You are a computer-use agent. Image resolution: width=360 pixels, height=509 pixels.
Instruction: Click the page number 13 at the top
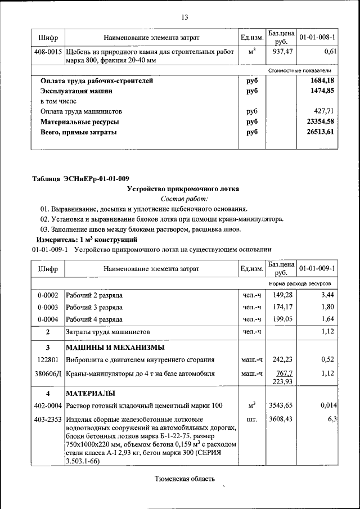click(x=184, y=17)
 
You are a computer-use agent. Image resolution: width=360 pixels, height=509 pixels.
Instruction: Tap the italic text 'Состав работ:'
click(x=184, y=199)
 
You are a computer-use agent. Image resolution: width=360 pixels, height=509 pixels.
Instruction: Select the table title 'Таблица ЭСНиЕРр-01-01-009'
click(x=76, y=178)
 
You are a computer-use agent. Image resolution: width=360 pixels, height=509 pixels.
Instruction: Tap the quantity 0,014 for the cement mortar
click(x=328, y=405)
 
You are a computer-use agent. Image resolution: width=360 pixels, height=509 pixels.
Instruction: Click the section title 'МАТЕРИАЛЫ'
click(x=91, y=393)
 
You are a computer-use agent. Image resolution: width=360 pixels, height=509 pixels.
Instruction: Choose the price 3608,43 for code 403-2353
click(x=281, y=419)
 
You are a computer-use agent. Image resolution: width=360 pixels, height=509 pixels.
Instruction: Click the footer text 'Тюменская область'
click(x=184, y=479)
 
